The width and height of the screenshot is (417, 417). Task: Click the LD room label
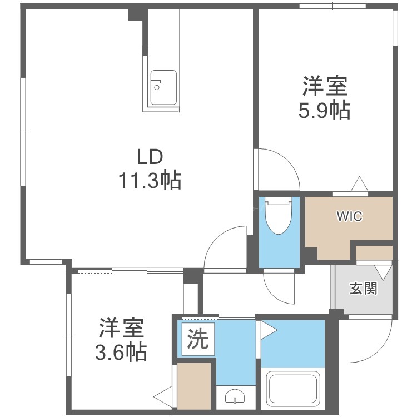click(x=150, y=157)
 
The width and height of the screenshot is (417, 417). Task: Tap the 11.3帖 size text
click(x=150, y=180)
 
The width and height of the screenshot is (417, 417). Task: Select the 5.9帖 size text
click(x=324, y=110)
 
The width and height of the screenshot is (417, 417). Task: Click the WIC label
click(x=350, y=216)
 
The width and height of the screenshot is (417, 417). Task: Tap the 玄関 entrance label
click(x=363, y=288)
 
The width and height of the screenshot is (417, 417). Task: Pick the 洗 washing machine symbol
click(x=198, y=339)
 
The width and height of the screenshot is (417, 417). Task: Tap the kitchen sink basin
click(x=163, y=88)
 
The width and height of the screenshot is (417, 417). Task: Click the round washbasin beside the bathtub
click(x=235, y=397)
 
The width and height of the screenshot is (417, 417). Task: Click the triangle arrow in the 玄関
click(x=383, y=272)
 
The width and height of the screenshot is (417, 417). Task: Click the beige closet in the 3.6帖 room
click(x=194, y=386)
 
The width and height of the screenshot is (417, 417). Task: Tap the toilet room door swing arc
click(x=275, y=294)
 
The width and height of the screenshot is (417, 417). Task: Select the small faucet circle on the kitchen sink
click(x=157, y=87)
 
